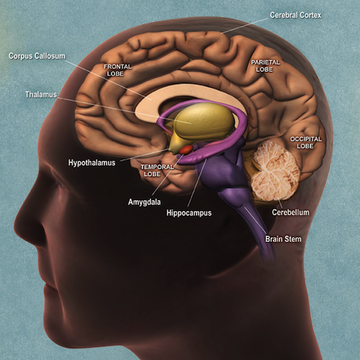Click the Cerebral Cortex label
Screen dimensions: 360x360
coord(295,15)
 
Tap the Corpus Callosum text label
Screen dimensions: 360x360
coord(37,56)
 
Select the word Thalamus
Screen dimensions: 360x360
coord(41,94)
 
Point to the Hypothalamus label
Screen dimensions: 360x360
coord(91,163)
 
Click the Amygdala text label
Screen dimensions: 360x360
coord(144,202)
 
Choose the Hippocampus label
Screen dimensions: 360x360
coord(189,213)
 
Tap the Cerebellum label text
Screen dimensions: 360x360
coord(290,212)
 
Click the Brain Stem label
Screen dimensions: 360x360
coord(283,239)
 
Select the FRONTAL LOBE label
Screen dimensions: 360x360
coord(117,70)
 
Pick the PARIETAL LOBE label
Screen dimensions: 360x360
coord(265,66)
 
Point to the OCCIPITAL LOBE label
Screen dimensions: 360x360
coord(306,143)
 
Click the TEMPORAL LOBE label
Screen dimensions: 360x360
coord(157,171)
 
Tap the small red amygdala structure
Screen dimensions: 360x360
coord(186,150)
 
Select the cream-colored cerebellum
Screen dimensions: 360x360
coord(276,171)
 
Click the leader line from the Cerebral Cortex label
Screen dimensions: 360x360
coord(244,26)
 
